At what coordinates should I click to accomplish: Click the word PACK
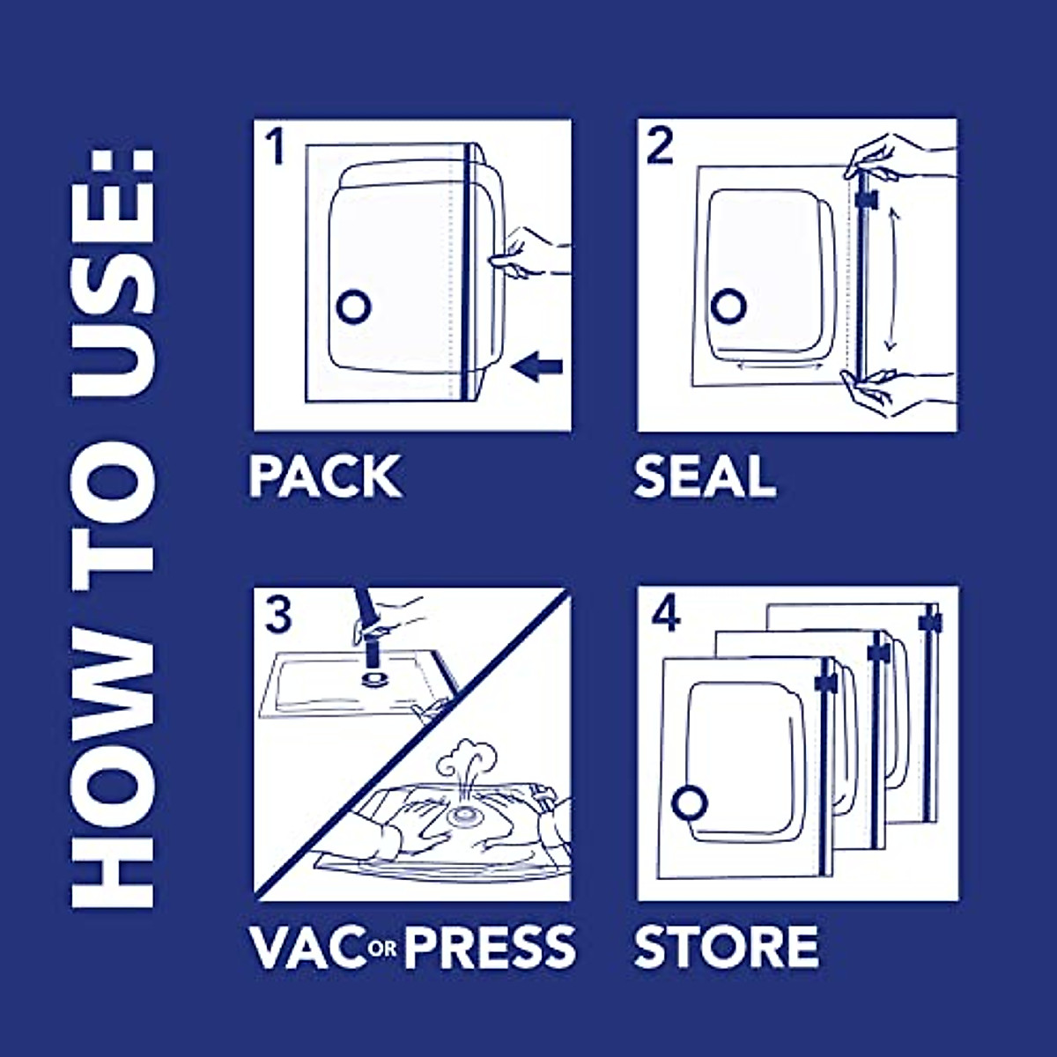coord(324,476)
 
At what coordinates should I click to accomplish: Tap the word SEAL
coord(705,476)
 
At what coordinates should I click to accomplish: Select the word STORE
coord(726,947)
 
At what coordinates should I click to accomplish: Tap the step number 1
coord(276,147)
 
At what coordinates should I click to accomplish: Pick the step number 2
coord(660,146)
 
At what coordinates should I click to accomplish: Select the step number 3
coord(277,614)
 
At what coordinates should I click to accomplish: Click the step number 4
coord(667,614)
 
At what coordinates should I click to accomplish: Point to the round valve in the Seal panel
coord(729,306)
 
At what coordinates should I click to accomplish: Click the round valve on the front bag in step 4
coord(690,804)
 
